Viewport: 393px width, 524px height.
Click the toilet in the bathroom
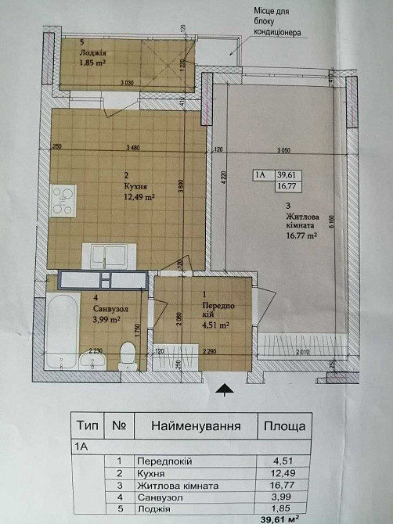click(x=127, y=357)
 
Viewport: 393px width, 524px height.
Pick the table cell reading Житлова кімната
click(x=177, y=486)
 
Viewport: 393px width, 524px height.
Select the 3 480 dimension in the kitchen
click(x=138, y=148)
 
